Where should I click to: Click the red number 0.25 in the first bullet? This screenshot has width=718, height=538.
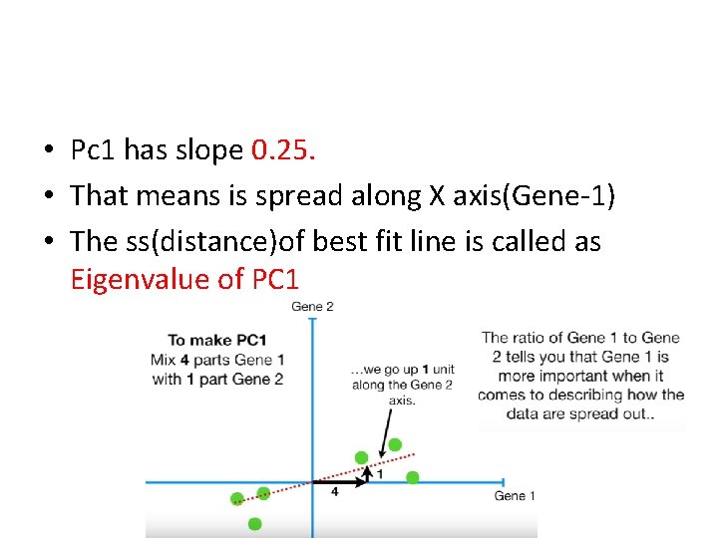tap(284, 150)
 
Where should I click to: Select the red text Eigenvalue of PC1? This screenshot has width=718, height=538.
tap(184, 280)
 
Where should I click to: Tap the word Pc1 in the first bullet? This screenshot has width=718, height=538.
tap(95, 150)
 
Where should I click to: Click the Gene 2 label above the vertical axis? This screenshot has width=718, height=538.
tap(312, 307)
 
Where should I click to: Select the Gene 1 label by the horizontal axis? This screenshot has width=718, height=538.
tap(515, 495)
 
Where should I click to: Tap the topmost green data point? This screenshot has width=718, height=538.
tap(395, 444)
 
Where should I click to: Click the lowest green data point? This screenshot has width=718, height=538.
tap(255, 523)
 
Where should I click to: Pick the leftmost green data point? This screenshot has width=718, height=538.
tap(237, 498)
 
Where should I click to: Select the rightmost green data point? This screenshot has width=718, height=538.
tap(412, 477)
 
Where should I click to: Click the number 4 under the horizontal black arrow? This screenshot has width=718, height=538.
tap(334, 492)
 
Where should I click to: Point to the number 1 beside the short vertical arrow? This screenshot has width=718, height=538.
tap(379, 473)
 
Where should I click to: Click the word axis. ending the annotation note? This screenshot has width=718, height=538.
tap(402, 400)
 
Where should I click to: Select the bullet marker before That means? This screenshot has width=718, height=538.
tap(48, 196)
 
